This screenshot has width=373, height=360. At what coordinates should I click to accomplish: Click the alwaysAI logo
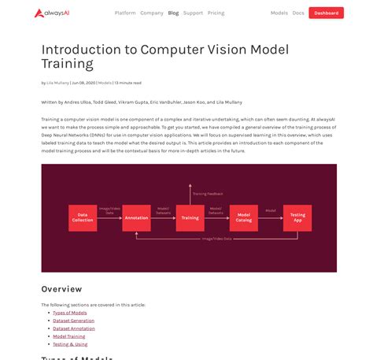click(53, 13)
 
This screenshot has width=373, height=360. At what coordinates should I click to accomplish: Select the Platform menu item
click(124, 13)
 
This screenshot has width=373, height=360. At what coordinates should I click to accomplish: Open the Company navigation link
click(152, 13)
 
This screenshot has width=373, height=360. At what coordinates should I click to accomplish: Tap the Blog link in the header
click(173, 13)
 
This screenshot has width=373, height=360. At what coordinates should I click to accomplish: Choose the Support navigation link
click(193, 13)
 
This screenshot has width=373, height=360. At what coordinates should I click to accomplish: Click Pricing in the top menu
click(216, 13)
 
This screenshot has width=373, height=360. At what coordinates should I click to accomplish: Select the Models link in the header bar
click(279, 13)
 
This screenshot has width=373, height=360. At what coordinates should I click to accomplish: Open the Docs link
click(298, 13)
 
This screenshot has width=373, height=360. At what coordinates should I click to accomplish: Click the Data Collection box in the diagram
click(82, 217)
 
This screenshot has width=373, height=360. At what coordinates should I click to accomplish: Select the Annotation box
click(136, 217)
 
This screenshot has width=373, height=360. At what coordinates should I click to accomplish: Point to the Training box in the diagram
click(190, 217)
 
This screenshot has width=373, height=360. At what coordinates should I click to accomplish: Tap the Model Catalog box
click(243, 217)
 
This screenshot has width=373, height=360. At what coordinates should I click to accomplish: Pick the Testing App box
click(297, 217)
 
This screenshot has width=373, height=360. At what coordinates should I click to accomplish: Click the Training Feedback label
click(209, 192)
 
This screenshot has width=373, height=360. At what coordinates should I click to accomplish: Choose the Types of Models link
click(70, 313)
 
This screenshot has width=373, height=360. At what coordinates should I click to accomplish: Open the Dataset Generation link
click(74, 321)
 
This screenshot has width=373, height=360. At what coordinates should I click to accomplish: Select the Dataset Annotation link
click(74, 328)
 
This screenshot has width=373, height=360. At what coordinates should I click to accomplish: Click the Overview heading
click(61, 289)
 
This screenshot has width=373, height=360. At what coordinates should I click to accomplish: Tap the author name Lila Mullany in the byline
click(58, 82)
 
